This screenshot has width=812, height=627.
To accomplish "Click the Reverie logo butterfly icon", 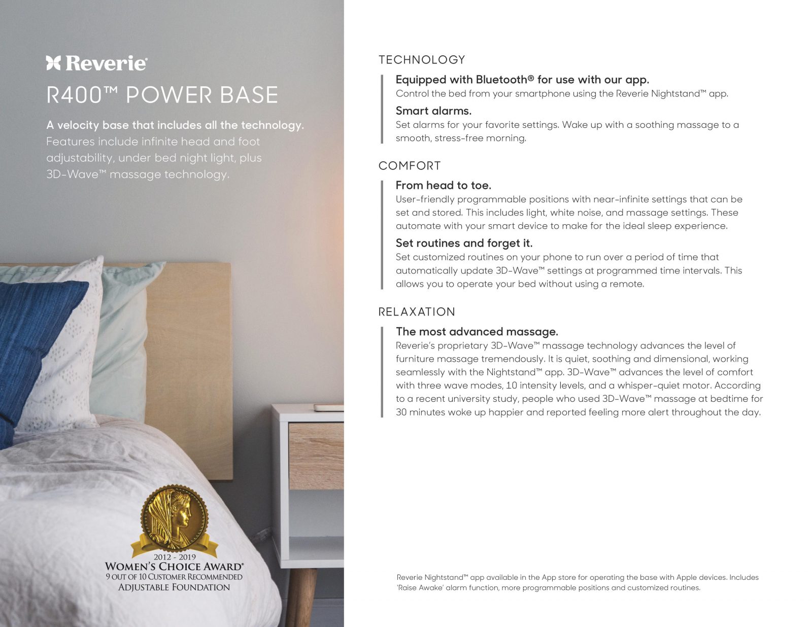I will point(53,63).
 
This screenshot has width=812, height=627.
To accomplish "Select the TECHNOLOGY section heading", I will point(421,60).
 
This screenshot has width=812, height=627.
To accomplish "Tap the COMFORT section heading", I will point(409,166).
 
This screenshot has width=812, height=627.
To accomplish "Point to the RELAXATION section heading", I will point(416,312).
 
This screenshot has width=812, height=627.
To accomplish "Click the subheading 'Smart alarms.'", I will point(433,111).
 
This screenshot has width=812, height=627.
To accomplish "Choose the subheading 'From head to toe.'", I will point(443,185).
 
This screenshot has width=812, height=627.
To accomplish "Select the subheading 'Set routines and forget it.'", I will point(464,243).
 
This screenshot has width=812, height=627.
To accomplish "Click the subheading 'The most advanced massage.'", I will point(477,332).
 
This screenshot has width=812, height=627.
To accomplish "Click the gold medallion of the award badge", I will point(175,517).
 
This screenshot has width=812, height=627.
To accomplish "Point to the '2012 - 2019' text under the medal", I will point(175,557).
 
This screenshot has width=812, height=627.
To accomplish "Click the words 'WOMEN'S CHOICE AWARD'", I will point(174,566).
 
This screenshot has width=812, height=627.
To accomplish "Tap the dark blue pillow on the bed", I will point(30,335).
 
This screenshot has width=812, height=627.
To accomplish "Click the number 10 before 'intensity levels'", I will point(511,386).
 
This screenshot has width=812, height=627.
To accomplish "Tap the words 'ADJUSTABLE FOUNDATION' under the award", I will point(174,587).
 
